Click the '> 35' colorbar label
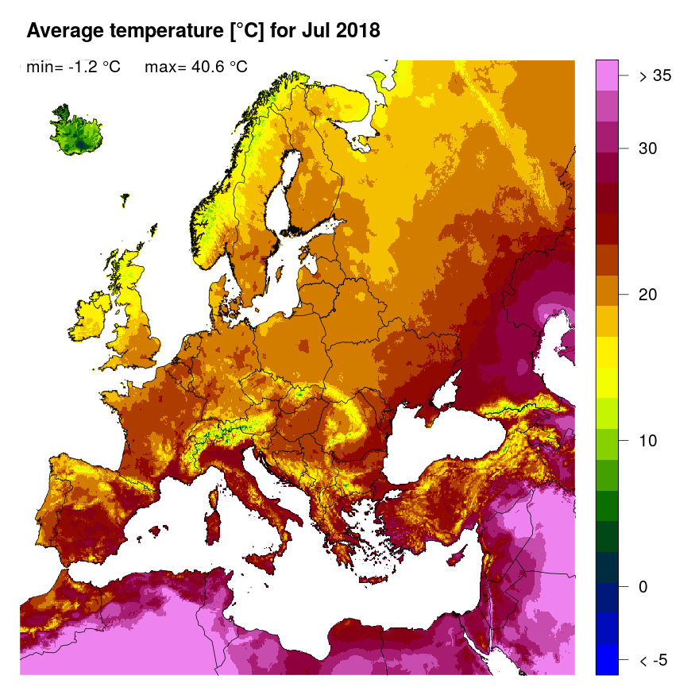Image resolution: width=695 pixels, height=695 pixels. [655, 76]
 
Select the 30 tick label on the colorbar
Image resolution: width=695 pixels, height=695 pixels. [651, 149]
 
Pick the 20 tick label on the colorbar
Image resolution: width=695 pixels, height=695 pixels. [651, 295]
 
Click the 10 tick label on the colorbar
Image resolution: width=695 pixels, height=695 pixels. [651, 441]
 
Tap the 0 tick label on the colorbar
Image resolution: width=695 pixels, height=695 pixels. [644, 587]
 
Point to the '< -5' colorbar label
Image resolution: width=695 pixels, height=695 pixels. [655, 660]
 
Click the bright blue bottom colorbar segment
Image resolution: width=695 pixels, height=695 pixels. [607, 660]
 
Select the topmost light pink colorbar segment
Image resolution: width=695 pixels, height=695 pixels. [607, 76]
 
